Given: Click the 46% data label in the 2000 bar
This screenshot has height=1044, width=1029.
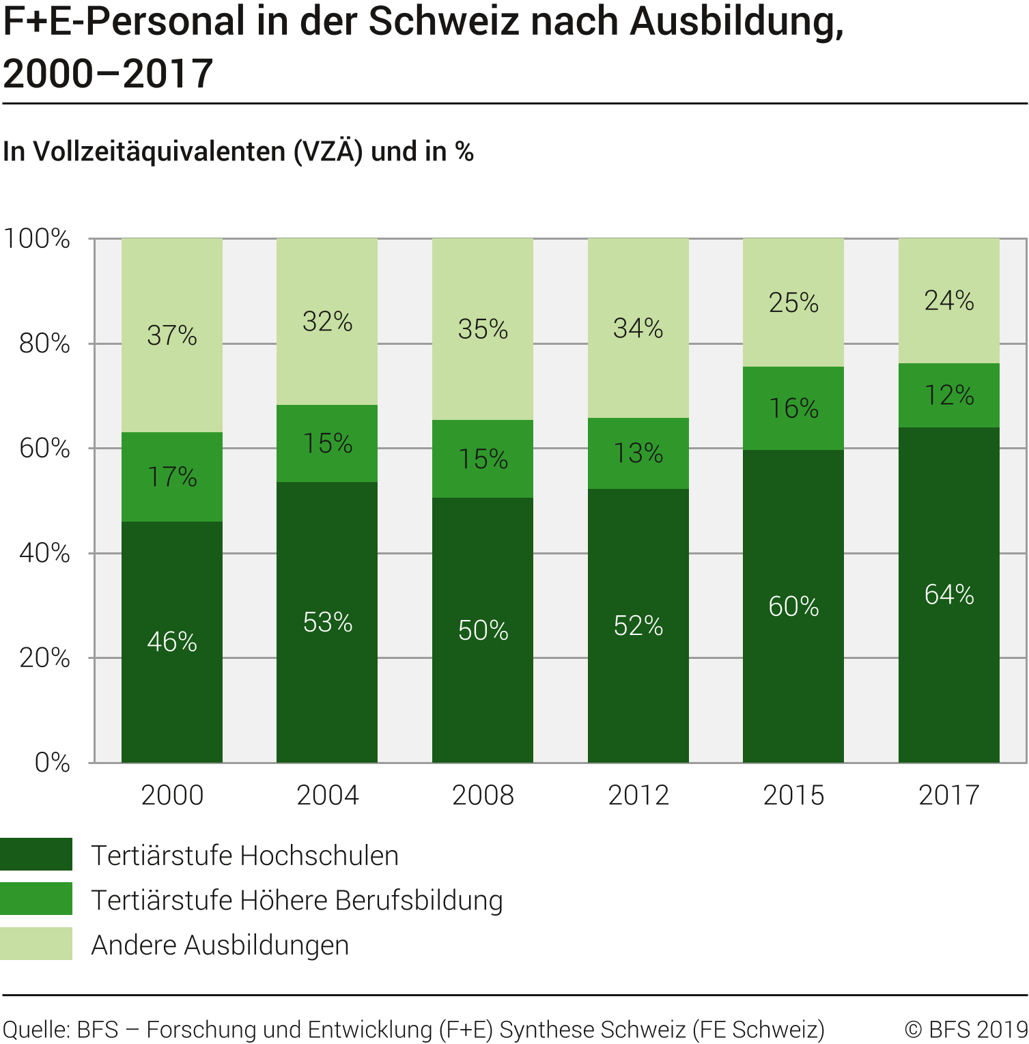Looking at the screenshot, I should coord(172,642).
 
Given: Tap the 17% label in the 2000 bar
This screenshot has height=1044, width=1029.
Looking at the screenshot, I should coord(172,477).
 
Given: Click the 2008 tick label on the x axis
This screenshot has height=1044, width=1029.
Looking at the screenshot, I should coord(483,795).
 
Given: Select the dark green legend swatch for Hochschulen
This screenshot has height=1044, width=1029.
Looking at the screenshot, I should coord(36,854).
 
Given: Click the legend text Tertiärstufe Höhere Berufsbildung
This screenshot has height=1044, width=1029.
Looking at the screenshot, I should coord(297,900).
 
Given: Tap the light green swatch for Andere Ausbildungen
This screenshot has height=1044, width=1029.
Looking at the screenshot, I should coord(36,944).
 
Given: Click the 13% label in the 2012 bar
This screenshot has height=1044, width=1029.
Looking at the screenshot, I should coord(638,453).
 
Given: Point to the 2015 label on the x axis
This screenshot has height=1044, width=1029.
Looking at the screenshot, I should coord(793,795).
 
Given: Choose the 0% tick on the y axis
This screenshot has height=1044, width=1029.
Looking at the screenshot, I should coord(53,763).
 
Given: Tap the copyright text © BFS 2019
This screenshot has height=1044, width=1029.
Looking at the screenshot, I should coord(965,1029).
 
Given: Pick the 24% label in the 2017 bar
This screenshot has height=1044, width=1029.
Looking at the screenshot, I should coord(949,300).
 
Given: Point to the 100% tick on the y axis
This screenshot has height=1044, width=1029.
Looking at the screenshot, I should coord(38,239).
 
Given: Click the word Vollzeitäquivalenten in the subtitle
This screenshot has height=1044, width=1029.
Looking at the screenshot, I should coord(159,152).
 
